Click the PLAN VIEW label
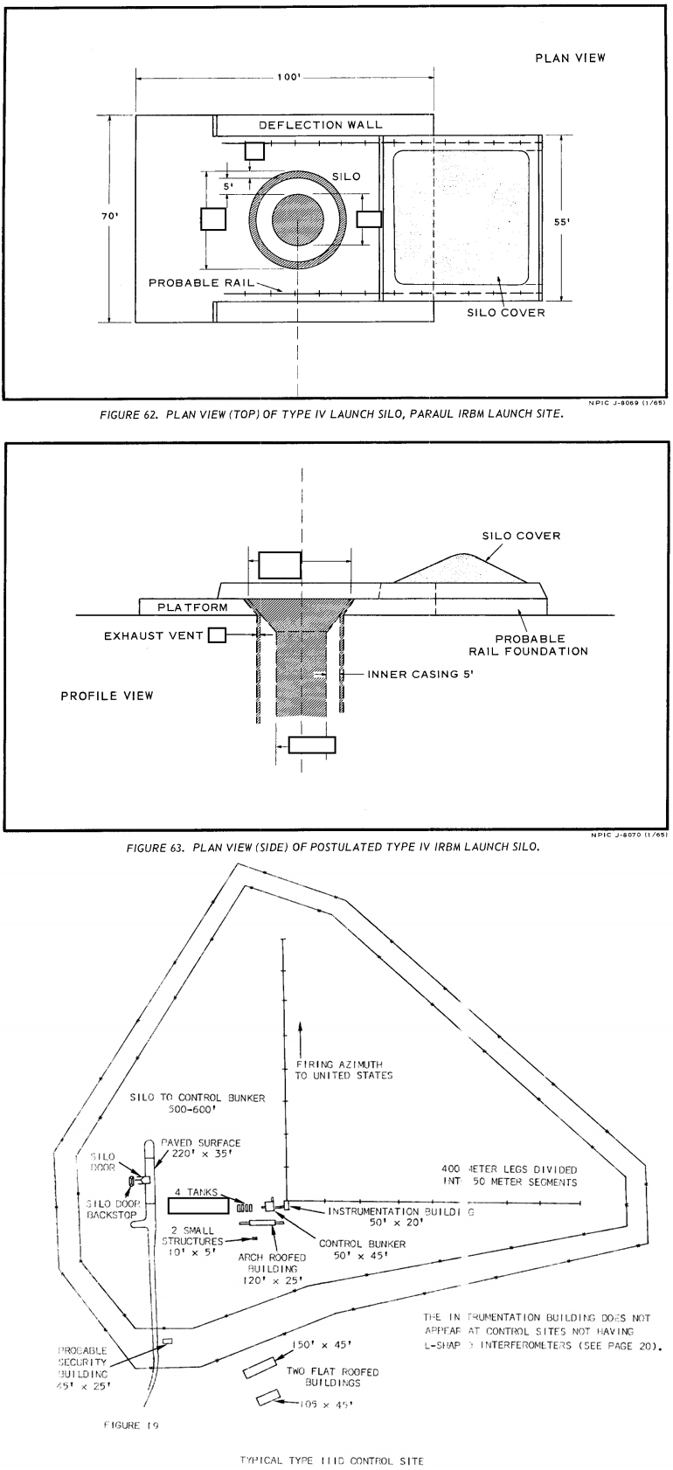click(570, 59)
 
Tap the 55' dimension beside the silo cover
click(564, 222)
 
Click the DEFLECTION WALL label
click(320, 125)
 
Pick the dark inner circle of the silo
click(298, 219)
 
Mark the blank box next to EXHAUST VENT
click(216, 635)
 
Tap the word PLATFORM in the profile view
click(191, 607)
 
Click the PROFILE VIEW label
click(107, 696)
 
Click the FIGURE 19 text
click(129, 1425)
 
